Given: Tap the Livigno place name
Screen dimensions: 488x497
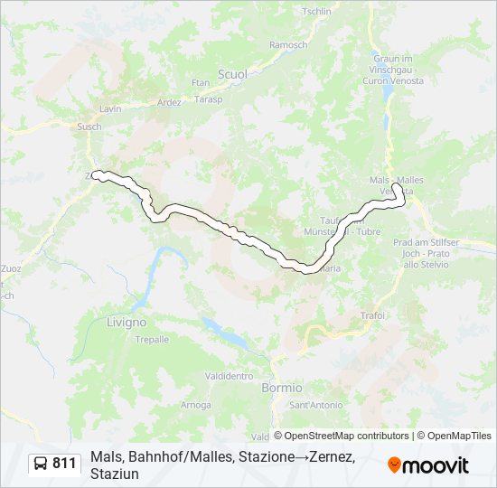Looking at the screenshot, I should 127,322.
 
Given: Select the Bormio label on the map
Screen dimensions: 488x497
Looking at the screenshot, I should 281,387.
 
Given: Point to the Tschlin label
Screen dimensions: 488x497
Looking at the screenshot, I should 317,12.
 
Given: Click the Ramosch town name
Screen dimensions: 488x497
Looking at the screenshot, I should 288,44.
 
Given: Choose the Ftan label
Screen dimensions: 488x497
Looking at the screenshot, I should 200,83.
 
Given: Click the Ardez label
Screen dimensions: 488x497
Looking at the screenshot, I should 169,102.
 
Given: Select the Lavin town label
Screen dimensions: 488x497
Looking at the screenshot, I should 111,108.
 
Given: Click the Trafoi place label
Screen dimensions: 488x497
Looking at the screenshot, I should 372,315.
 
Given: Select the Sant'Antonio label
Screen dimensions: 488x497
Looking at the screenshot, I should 316,404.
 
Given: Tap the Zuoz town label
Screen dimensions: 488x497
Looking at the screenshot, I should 11,268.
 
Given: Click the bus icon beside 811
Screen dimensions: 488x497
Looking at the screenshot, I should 42,464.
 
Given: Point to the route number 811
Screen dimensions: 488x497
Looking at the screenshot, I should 65,464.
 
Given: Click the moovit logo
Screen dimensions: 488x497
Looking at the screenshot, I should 428,465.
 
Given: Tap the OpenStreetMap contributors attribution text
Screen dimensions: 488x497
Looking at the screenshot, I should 341,436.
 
